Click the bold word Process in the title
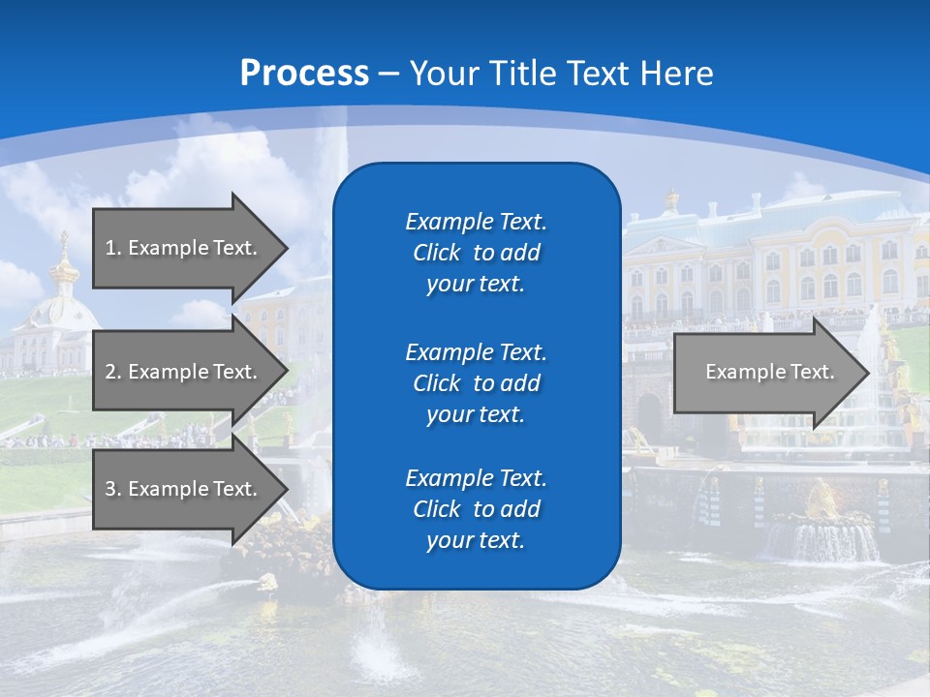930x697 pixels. click(x=304, y=74)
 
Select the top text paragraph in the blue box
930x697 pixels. click(x=476, y=253)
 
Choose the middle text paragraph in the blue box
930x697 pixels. click(x=476, y=382)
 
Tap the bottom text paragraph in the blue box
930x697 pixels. click(x=476, y=509)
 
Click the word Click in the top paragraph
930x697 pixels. click(x=437, y=253)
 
